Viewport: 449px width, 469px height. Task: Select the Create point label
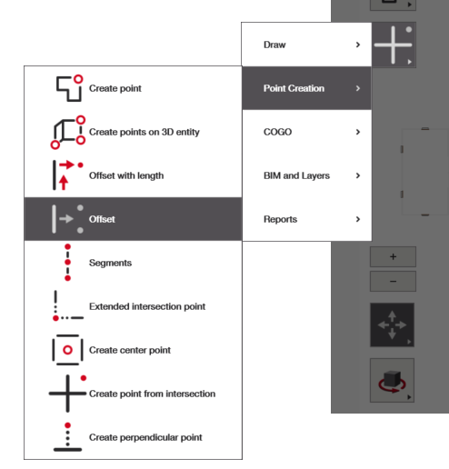click(115, 88)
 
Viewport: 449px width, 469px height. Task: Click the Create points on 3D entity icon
click(68, 133)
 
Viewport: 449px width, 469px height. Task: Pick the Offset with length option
click(126, 175)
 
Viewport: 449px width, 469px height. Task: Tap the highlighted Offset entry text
click(102, 219)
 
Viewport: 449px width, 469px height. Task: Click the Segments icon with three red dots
click(68, 263)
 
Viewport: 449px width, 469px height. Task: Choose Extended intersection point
click(147, 306)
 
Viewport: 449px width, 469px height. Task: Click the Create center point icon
click(67, 350)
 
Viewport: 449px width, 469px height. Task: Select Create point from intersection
click(152, 394)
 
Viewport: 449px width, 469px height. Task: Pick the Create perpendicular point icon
click(67, 437)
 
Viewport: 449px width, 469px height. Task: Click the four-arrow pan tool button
click(392, 324)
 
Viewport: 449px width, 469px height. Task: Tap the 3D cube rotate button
click(392, 380)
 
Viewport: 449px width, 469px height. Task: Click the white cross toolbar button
click(394, 45)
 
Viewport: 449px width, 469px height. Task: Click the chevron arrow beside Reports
click(358, 219)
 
